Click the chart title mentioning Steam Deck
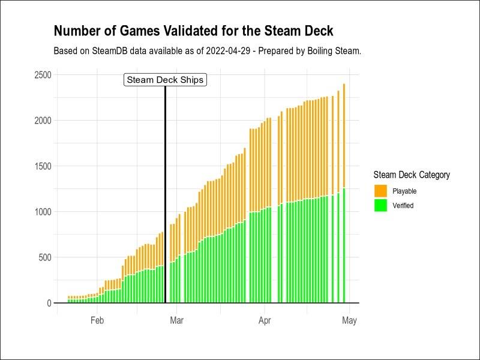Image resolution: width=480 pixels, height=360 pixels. tap(193, 31)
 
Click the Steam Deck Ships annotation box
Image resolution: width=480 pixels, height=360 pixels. tap(165, 80)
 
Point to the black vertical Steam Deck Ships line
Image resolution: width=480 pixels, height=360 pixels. tap(165, 192)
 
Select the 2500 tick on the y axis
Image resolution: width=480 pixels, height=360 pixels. tap(42, 75)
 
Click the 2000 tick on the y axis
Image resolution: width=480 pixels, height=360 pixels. tap(42, 121)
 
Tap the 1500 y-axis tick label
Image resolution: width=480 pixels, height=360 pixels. tap(42, 166)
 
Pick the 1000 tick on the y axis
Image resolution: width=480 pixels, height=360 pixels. tap(42, 212)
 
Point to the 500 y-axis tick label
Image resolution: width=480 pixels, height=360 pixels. tap(44, 257)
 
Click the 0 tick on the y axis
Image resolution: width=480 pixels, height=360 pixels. tap(49, 303)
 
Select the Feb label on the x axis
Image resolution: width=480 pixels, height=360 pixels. tap(97, 320)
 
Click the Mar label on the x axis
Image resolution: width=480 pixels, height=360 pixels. tap(176, 320)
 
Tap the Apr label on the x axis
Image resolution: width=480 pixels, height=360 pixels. tap(265, 320)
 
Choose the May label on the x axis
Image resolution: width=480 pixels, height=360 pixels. tap(349, 320)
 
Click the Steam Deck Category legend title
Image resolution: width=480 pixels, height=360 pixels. tap(411, 175)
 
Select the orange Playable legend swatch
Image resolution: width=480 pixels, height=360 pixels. tap(380, 191)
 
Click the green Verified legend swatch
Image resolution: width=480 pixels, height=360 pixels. tap(380, 205)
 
